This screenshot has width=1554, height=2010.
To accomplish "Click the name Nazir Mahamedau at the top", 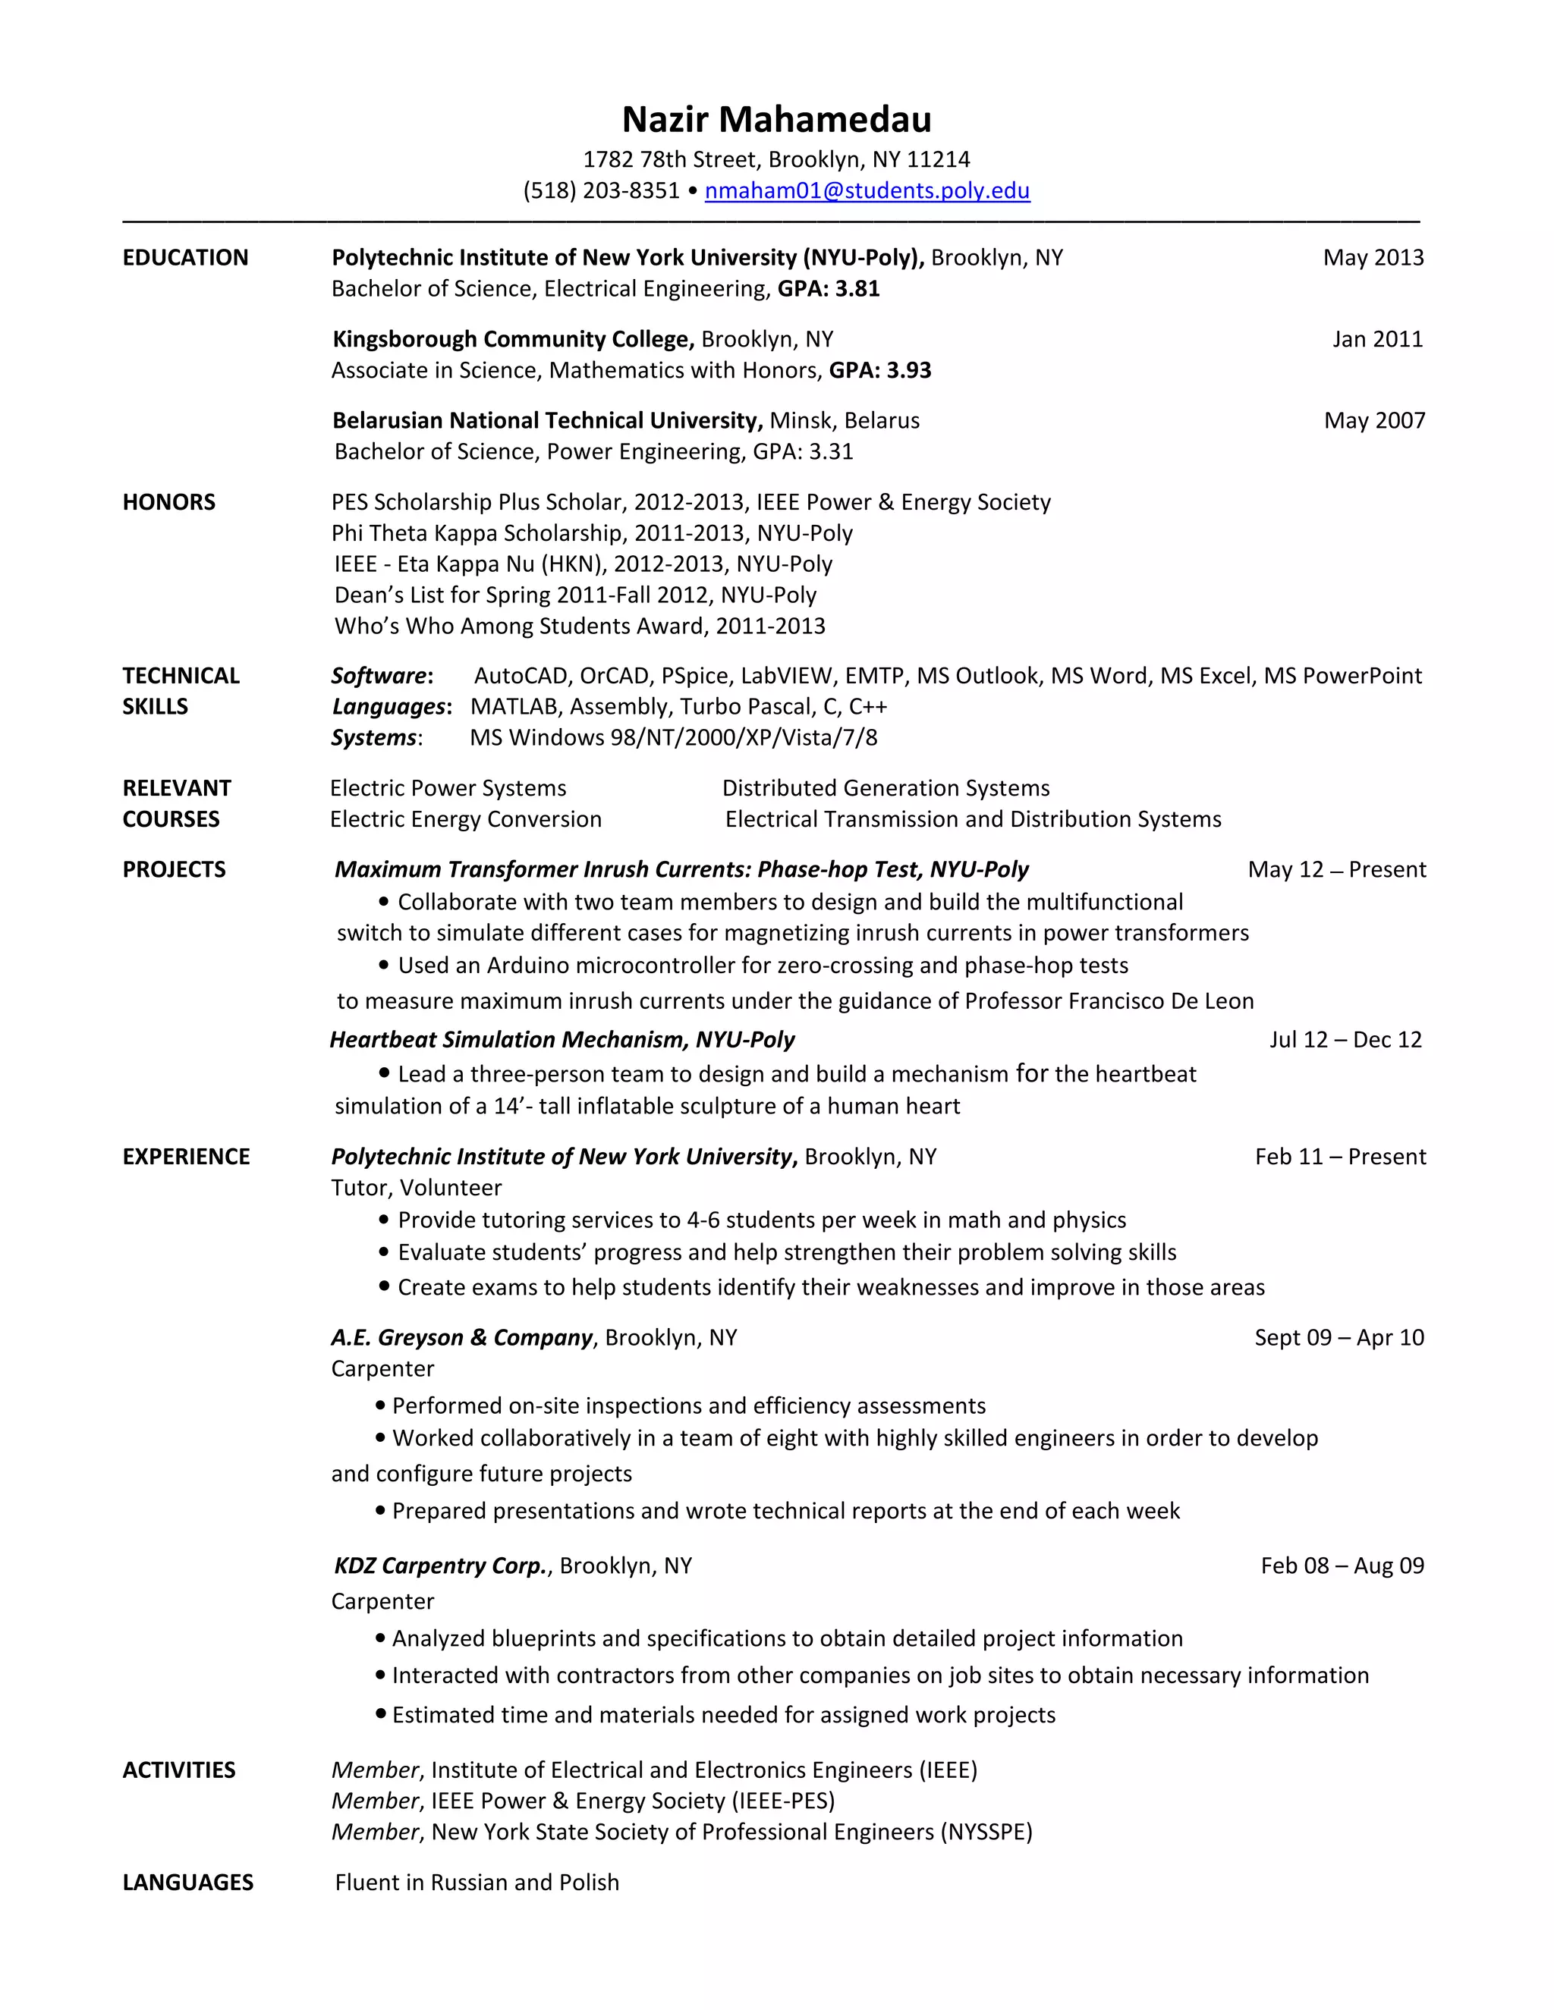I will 776,120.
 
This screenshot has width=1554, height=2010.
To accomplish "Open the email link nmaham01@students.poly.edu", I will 867,190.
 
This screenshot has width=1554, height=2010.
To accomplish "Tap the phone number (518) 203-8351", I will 600,190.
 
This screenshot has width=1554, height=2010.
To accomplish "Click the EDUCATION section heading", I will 185,258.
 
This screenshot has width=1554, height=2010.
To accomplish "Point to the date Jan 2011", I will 1376,340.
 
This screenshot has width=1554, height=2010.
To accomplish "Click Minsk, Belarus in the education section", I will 845,421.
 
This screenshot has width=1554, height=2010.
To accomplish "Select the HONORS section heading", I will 168,502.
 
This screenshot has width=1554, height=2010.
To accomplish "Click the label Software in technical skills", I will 379,676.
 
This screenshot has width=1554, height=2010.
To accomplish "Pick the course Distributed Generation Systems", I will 885,789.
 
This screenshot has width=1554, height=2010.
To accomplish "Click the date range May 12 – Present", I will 1335,870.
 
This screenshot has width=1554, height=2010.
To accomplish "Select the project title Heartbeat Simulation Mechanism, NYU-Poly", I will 562,1040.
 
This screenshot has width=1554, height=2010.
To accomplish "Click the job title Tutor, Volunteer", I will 416,1188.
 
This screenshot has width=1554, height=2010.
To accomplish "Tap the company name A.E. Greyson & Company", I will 461,1338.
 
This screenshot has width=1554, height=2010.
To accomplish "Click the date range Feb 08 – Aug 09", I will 1342,1566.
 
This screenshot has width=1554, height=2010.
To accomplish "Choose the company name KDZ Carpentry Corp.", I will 441,1566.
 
